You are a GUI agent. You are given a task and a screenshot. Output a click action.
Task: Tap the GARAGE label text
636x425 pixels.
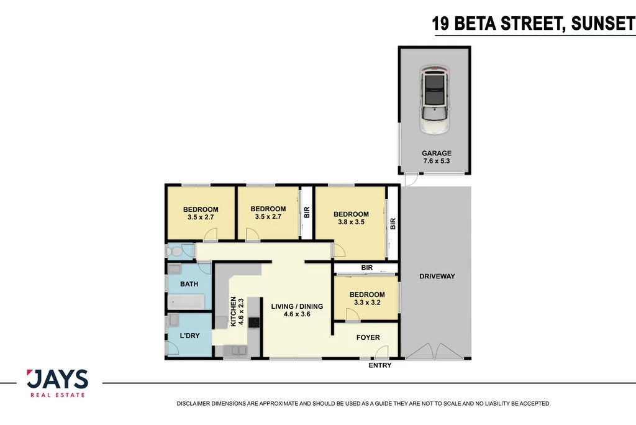pos(437,153)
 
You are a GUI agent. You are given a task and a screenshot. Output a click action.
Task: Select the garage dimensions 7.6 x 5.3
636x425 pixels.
pos(437,162)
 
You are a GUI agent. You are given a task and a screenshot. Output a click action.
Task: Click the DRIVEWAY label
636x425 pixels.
pos(437,276)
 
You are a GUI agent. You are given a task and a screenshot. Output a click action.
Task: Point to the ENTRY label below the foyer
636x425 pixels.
pos(380,365)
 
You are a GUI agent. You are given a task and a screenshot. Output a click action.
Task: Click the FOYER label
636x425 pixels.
pos(368,337)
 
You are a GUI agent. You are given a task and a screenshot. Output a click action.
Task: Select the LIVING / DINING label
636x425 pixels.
pos(297,306)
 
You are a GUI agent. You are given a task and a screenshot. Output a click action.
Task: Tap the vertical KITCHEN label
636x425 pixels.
pos(234,311)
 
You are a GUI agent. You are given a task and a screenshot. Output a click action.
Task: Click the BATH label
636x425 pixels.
pos(189,284)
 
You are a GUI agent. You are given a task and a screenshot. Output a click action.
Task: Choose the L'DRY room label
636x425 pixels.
pos(189,336)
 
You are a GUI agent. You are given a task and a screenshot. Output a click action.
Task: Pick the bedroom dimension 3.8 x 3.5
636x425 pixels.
pos(351,222)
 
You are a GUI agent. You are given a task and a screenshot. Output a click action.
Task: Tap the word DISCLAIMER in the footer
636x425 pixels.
pos(194,404)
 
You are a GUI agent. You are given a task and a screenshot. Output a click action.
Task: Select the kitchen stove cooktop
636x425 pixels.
pos(253,322)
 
